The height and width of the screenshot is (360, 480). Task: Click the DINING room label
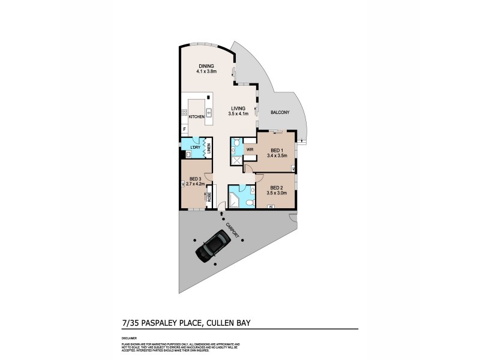tap(206, 66)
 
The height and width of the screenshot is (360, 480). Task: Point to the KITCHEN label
tap(197, 116)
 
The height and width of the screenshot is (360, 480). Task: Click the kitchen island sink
tap(208, 112)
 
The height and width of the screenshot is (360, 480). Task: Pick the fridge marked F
tap(184, 130)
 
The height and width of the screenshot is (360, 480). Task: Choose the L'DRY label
tap(194, 147)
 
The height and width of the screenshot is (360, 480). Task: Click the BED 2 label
tap(277, 187)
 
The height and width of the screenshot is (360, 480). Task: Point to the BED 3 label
tap(194, 179)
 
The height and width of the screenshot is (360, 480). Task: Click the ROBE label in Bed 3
tap(208, 196)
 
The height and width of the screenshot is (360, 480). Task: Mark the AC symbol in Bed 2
tap(271, 206)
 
